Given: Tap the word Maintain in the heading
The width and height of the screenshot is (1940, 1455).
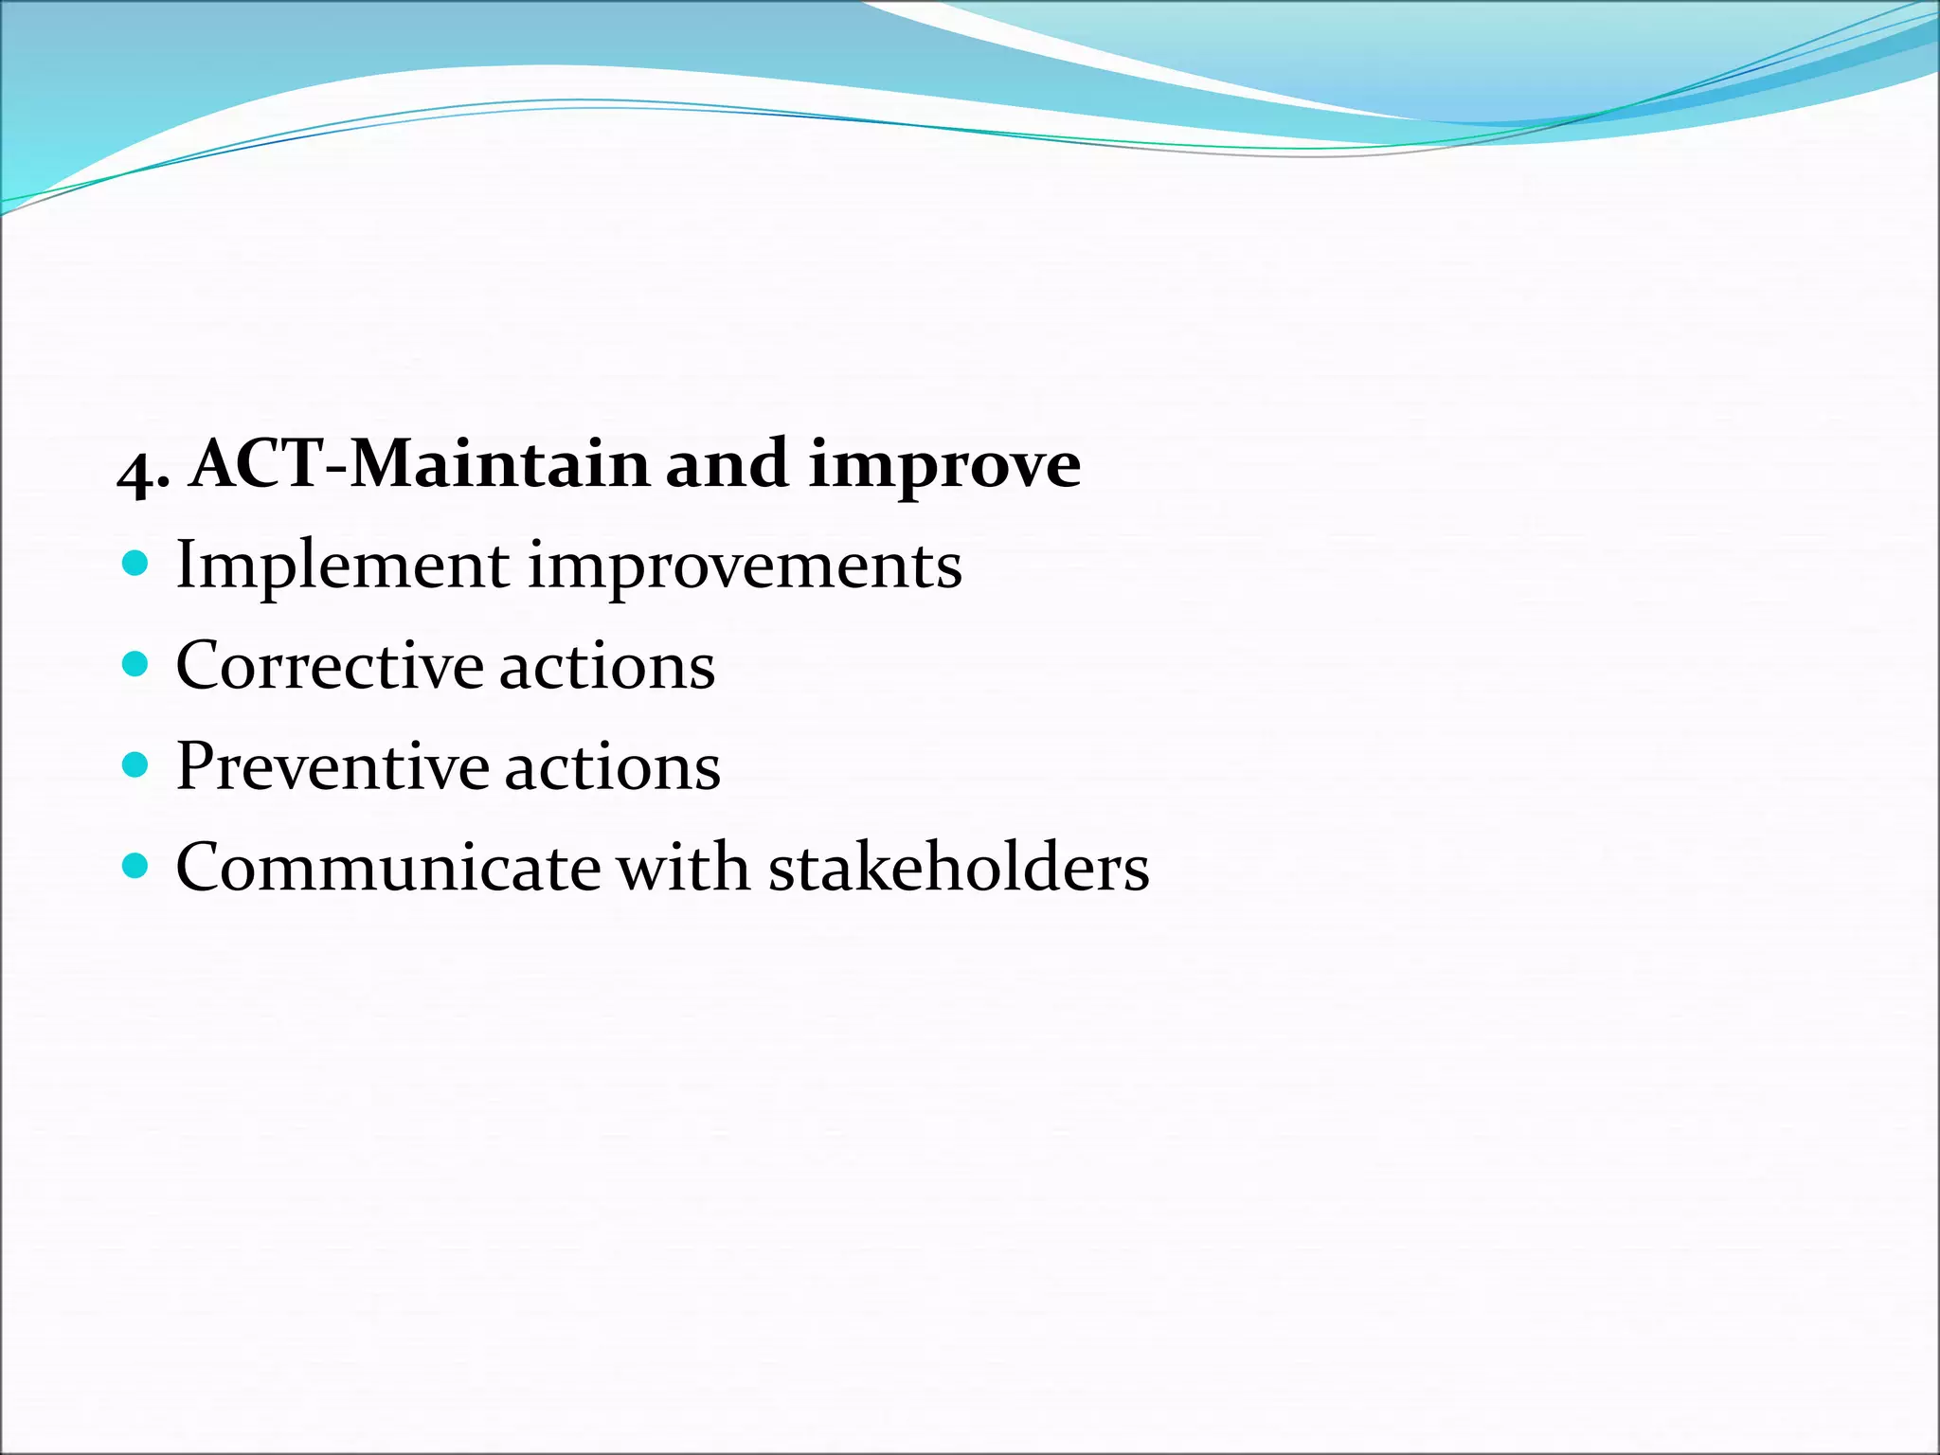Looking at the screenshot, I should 499,464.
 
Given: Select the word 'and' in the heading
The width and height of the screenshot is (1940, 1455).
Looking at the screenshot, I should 727,464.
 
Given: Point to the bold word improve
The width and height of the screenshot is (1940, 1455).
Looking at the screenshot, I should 943,466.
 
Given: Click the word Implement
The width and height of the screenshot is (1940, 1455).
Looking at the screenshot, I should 342,566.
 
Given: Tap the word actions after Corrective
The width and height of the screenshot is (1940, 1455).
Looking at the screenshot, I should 606,666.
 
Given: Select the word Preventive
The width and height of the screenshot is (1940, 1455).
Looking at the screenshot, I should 332,766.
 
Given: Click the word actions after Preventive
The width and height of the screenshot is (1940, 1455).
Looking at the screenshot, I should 612,766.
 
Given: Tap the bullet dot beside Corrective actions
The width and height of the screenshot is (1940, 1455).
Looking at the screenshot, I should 136,665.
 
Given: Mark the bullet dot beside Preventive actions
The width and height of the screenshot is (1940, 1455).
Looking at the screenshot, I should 136,765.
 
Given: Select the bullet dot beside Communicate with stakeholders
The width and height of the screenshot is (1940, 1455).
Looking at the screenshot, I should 136,866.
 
